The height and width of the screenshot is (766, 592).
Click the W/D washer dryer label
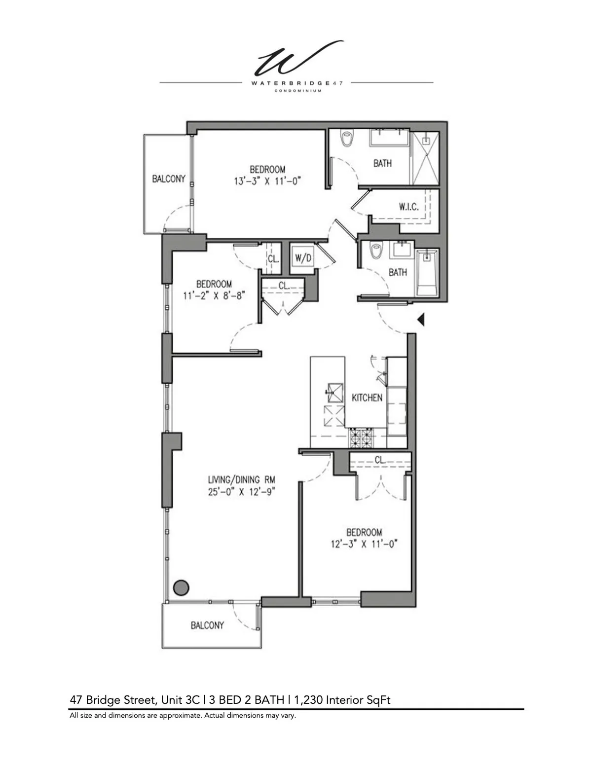point(303,258)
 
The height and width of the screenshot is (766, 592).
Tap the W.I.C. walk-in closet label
point(408,207)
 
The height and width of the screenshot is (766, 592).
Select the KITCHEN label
point(367,398)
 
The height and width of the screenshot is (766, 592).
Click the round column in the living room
point(181,587)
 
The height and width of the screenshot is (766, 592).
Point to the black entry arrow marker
point(420,320)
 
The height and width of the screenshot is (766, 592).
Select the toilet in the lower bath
point(377,252)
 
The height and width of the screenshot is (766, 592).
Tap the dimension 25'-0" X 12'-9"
point(241,492)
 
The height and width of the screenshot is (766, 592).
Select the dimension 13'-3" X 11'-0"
point(267,181)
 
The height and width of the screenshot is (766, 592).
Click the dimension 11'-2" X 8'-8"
point(214,296)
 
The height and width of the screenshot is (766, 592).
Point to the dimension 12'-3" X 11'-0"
point(364,544)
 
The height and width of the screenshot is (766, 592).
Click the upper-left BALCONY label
point(168,179)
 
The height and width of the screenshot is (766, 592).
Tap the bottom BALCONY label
point(207,625)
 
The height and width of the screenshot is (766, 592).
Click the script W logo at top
point(297,58)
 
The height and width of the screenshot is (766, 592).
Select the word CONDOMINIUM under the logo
point(297,91)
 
